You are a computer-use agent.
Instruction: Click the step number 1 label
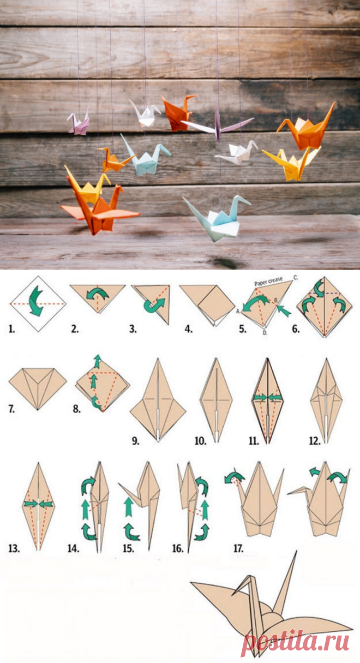click(11, 329)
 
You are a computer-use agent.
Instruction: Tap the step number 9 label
click(135, 441)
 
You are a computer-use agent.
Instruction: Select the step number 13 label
click(14, 548)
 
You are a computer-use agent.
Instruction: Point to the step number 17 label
click(238, 548)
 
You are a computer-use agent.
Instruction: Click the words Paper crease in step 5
click(268, 281)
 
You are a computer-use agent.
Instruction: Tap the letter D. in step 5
click(265, 333)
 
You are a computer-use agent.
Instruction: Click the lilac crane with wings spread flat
click(218, 124)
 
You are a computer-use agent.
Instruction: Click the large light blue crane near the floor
click(218, 218)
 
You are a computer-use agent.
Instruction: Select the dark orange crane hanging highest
click(176, 112)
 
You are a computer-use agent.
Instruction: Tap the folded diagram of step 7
click(38, 388)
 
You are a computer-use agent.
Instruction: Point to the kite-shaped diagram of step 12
click(326, 401)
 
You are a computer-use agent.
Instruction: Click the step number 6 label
click(296, 329)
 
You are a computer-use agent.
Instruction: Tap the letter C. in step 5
click(296, 277)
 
